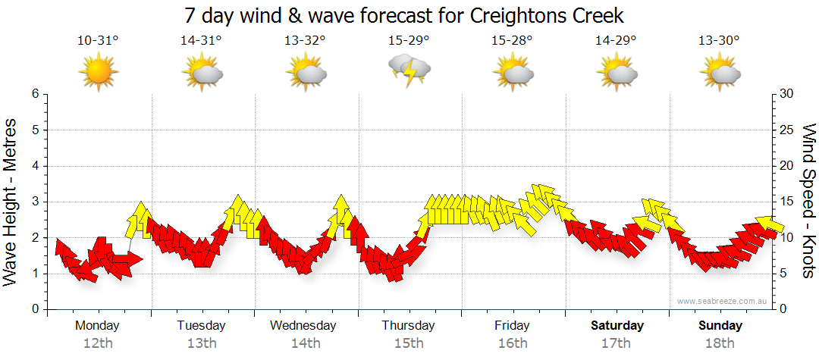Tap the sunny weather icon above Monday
point(99,72)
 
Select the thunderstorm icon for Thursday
point(409,70)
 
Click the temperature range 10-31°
point(98,41)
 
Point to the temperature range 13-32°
point(305,41)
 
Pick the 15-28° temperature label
point(512,41)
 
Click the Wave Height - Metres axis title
point(11,202)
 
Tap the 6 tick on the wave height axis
point(34,94)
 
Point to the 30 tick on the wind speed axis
point(787,94)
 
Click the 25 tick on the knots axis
point(787,130)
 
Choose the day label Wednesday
point(303,326)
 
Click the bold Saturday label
point(617,326)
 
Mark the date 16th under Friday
point(513,343)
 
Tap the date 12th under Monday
point(98,343)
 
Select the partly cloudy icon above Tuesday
point(202,73)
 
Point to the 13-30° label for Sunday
point(720,41)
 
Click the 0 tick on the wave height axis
point(34,309)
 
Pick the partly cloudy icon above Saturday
point(616,73)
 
